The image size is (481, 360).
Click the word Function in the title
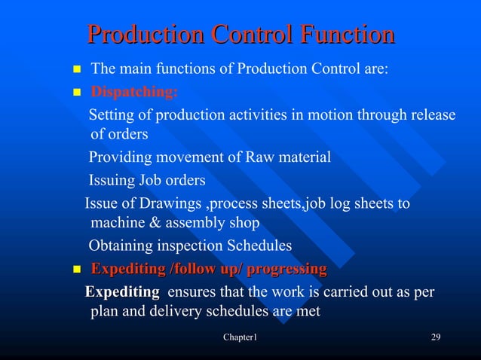pyautogui.click(x=347, y=35)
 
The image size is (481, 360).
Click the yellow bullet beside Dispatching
pyautogui.click(x=75, y=93)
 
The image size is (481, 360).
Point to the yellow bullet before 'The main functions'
pyautogui.click(x=75, y=71)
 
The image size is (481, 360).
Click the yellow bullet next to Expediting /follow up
pyautogui.click(x=75, y=270)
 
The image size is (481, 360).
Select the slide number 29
pyautogui.click(x=435, y=336)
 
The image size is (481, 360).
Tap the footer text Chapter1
pyautogui.click(x=240, y=336)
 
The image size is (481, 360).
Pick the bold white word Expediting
pyautogui.click(x=122, y=291)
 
